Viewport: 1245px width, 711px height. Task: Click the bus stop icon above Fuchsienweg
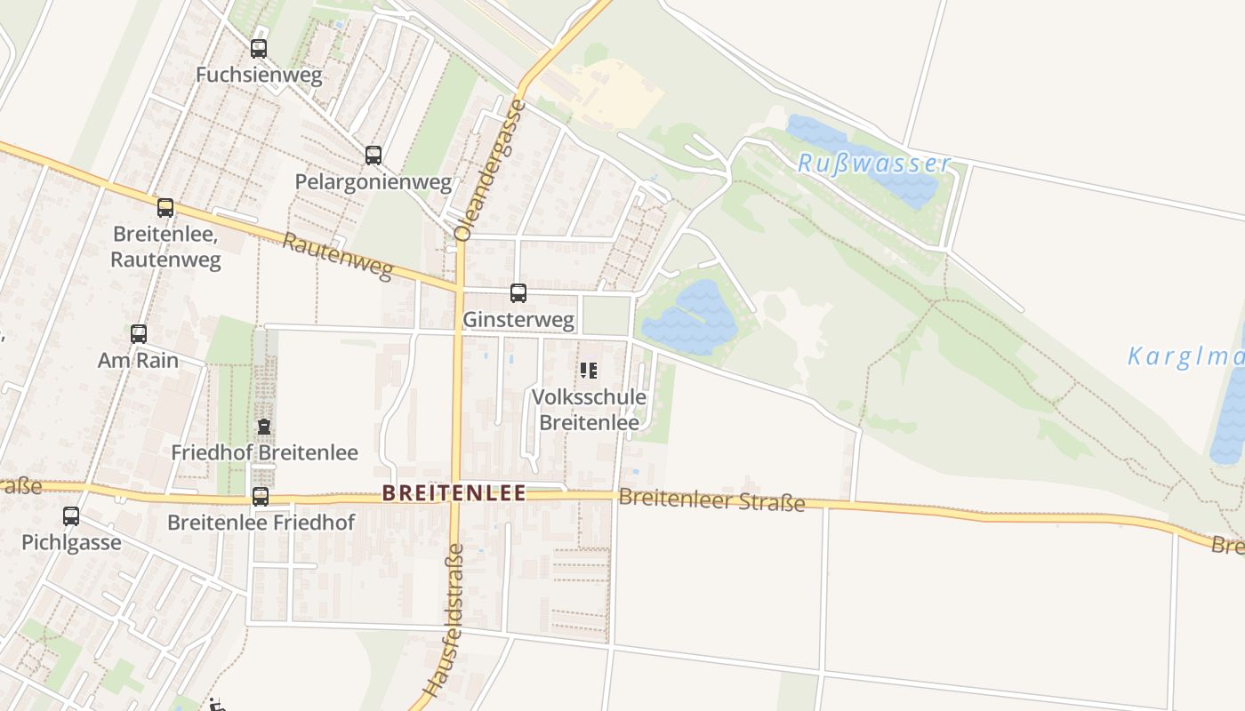[x=259, y=49]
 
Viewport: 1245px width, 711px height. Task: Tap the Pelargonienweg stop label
[x=373, y=183]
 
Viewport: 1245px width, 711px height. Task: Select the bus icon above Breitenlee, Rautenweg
[x=165, y=208]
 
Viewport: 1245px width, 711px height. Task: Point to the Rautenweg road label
[x=338, y=256]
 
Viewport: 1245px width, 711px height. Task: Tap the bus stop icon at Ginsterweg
[x=518, y=292]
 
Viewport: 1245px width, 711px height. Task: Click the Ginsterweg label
[x=518, y=319]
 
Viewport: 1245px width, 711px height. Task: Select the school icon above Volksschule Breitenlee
[x=588, y=370]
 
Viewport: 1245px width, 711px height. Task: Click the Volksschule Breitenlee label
[x=589, y=410]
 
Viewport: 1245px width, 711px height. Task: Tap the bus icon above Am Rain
[x=139, y=334]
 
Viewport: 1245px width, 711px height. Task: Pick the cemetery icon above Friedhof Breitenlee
[x=264, y=427]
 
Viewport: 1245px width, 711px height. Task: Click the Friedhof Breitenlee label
[x=264, y=452]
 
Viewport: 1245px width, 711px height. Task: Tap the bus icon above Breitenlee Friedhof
[x=261, y=497]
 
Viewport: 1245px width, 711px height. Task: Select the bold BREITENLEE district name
[x=454, y=493]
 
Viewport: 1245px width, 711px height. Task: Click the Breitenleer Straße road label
[x=711, y=499]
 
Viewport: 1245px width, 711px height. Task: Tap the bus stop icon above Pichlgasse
[x=71, y=515]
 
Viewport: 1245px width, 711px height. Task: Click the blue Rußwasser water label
[x=873, y=164]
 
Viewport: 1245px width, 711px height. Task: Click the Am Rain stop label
[x=138, y=360]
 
